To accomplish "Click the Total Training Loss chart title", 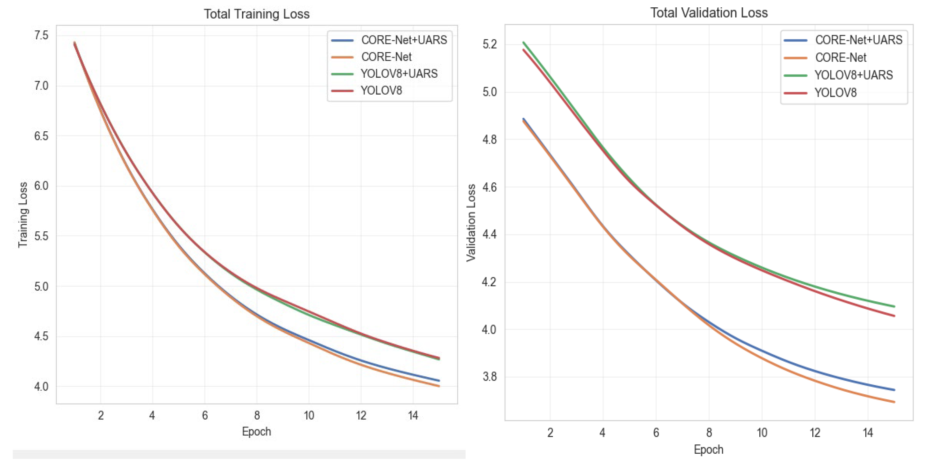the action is (257, 14).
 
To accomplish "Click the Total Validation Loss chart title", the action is (709, 13).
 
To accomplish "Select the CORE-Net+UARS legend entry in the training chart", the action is (389, 40).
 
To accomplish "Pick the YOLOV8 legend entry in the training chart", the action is (366, 90).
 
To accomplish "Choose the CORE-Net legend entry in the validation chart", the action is (825, 57).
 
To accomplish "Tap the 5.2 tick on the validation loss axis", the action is (490, 44).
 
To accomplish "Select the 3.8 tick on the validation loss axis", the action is (490, 377).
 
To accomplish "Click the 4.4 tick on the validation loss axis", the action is (490, 235).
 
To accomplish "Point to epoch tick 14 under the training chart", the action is (413, 416).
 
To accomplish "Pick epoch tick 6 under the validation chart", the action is (656, 433).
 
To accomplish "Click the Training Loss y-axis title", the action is (23, 215).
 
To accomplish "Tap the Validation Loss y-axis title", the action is (471, 223).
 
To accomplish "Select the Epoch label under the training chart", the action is (256, 431).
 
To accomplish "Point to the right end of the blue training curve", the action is (439, 381).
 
